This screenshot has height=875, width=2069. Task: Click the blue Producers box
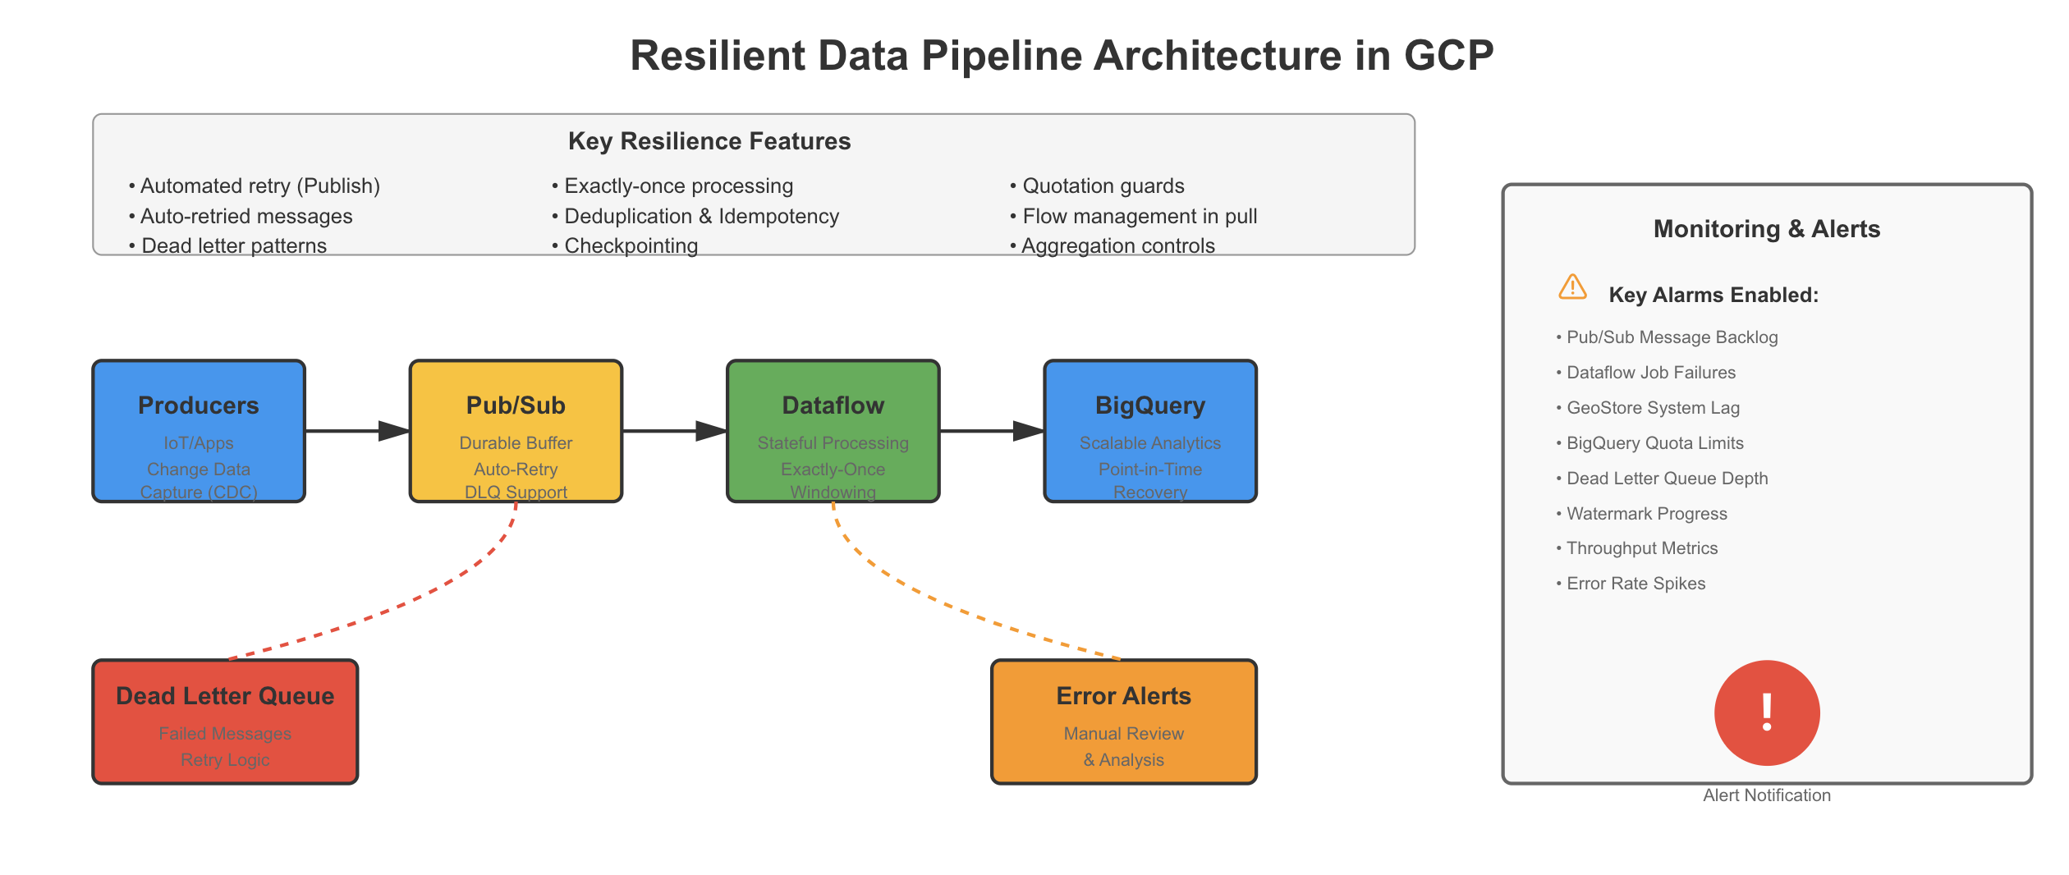pyautogui.click(x=199, y=431)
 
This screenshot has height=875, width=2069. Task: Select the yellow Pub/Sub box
pyautogui.click(x=516, y=431)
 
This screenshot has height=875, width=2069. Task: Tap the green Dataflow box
pyautogui.click(x=833, y=431)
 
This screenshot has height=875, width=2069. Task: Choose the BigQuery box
pyautogui.click(x=1149, y=431)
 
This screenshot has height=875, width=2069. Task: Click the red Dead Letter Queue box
pyautogui.click(x=225, y=722)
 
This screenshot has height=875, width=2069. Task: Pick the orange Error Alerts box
pyautogui.click(x=1123, y=722)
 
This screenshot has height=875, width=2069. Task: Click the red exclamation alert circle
pyautogui.click(x=1767, y=712)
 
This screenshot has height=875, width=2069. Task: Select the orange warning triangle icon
pyautogui.click(x=1572, y=287)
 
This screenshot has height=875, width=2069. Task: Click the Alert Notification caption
pyautogui.click(x=1767, y=795)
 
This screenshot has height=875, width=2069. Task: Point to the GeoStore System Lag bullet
pyautogui.click(x=1652, y=408)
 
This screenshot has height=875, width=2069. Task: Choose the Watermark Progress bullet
pyautogui.click(x=1646, y=514)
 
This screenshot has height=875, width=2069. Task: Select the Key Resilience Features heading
pyautogui.click(x=709, y=141)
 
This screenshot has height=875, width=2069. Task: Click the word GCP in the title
pyautogui.click(x=1448, y=56)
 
